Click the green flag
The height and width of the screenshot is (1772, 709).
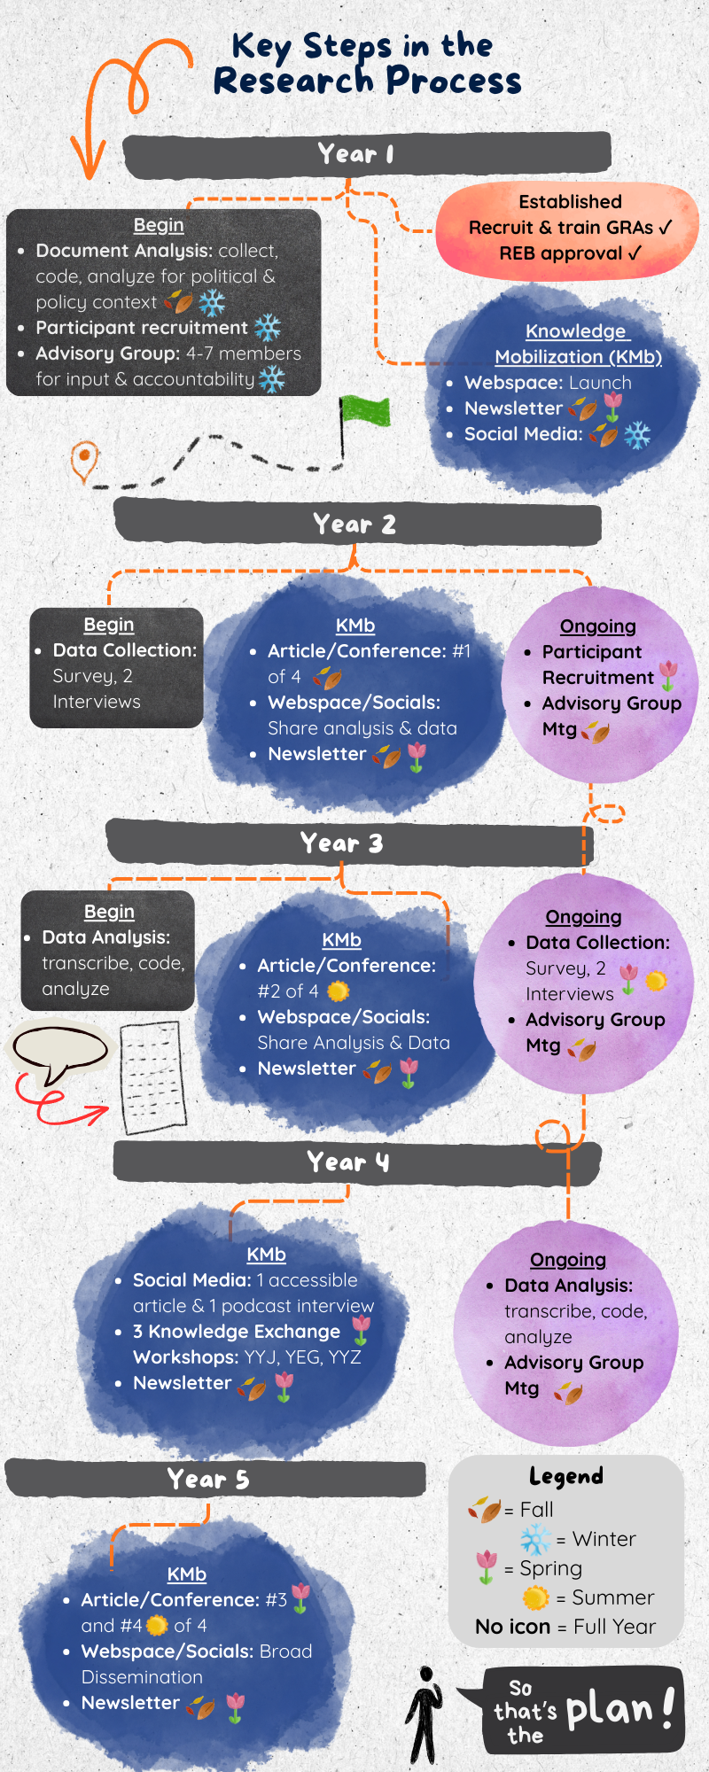tap(364, 411)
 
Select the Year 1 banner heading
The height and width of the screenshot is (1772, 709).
tap(355, 154)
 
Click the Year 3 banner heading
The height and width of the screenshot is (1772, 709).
tap(341, 843)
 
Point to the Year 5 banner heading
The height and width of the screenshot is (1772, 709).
tap(208, 1479)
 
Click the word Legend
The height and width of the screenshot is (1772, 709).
tap(565, 1476)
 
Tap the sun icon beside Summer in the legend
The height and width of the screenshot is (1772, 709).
tap(535, 1597)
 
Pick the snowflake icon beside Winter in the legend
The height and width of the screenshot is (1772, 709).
tap(535, 1539)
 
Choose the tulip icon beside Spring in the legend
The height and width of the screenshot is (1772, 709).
tap(486, 1567)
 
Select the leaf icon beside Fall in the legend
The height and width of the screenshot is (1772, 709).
tap(485, 1508)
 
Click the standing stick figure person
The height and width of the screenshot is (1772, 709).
tap(425, 1715)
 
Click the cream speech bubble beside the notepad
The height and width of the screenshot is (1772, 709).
tap(59, 1051)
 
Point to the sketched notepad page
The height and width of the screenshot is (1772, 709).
tap(152, 1077)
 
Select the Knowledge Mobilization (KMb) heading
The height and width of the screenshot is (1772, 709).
tap(578, 344)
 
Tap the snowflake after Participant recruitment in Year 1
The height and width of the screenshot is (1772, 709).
tap(268, 328)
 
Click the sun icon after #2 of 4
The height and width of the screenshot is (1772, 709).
tap(338, 991)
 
